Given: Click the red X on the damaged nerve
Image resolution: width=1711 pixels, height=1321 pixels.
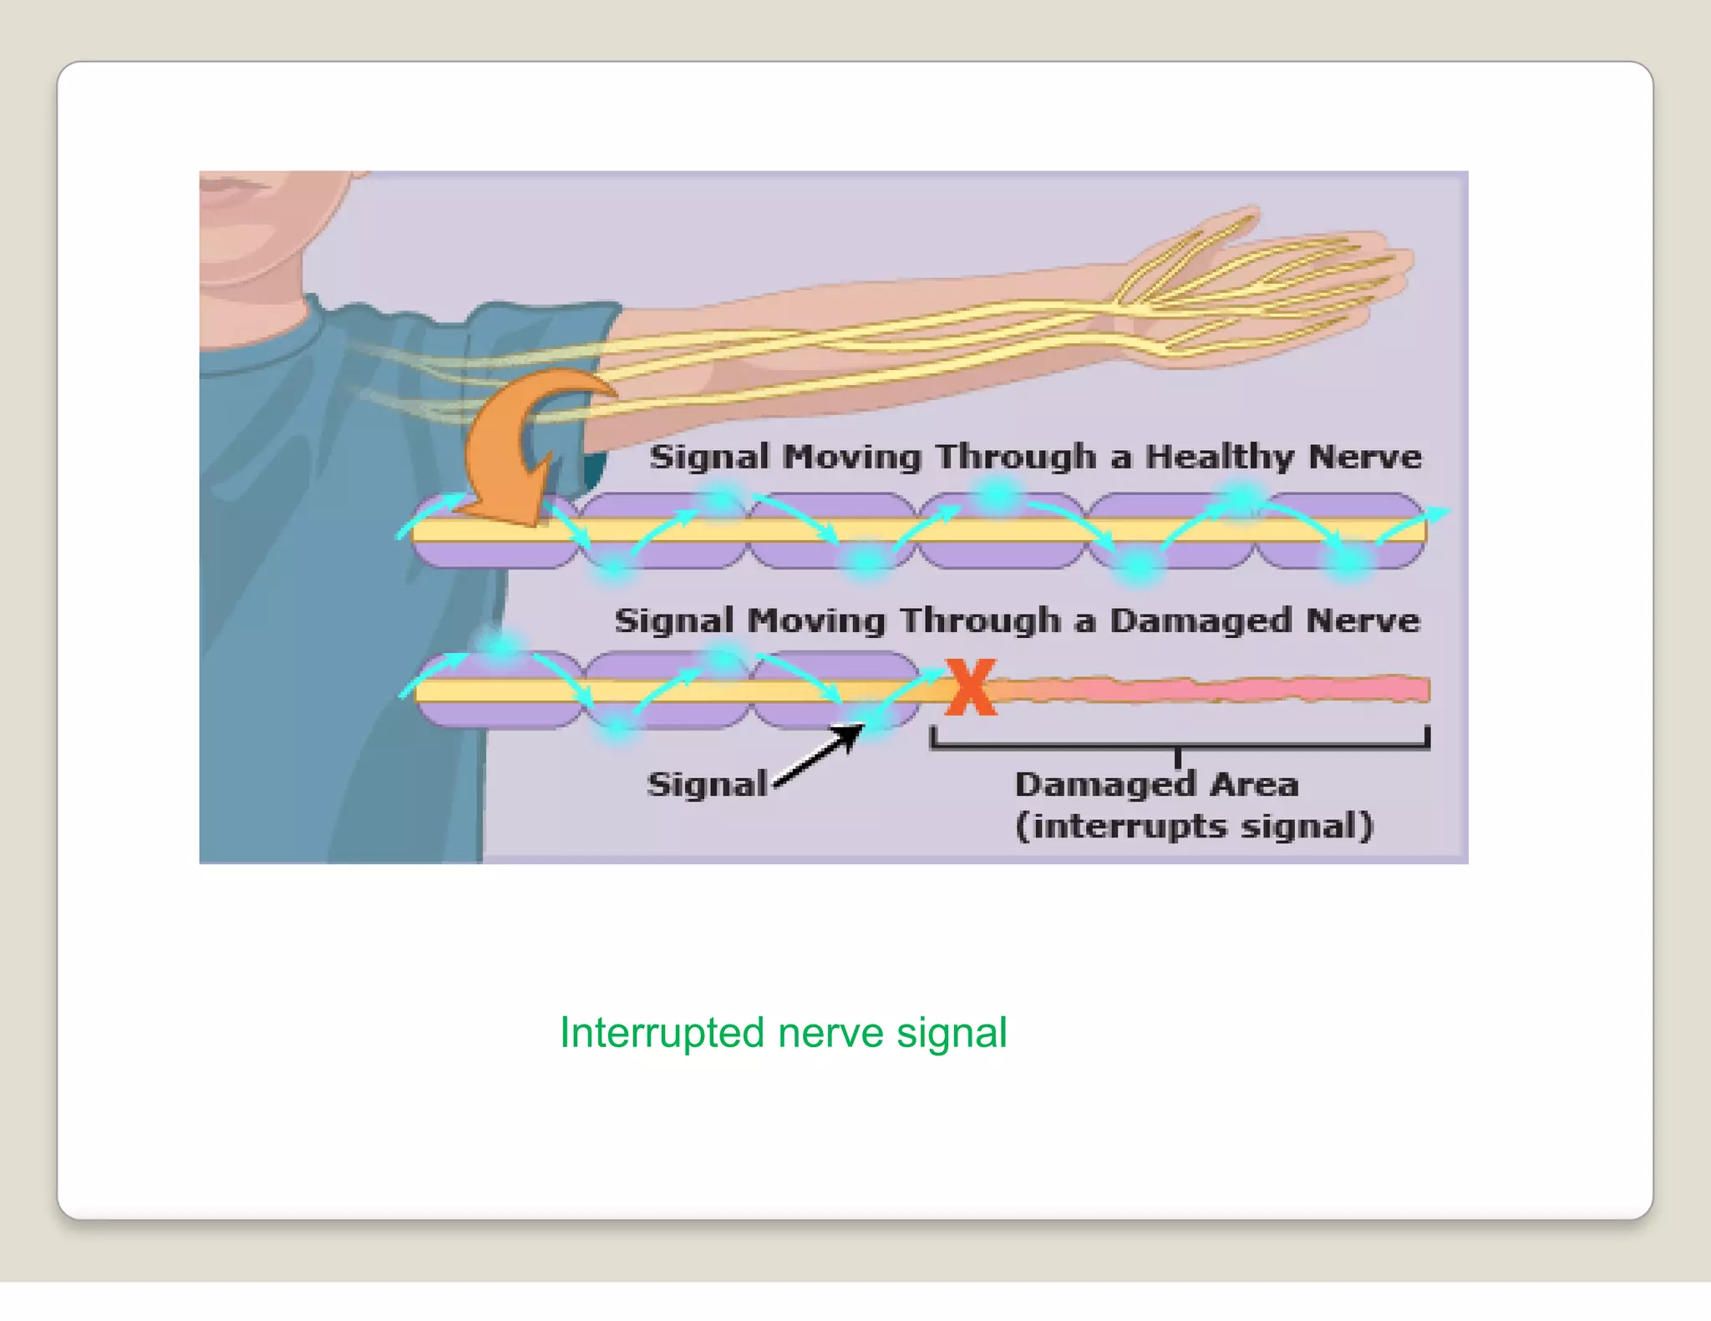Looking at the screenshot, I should (x=971, y=687).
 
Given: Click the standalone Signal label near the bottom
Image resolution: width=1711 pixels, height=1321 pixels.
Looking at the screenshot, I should (x=707, y=784).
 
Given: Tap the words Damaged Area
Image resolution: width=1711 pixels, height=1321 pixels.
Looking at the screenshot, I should (x=1156, y=784).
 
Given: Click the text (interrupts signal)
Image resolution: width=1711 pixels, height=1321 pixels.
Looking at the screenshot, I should (x=1194, y=826).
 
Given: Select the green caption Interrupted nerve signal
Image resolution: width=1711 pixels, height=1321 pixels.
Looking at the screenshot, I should (x=783, y=1033).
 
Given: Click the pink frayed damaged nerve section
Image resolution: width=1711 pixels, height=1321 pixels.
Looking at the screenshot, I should (x=1211, y=689).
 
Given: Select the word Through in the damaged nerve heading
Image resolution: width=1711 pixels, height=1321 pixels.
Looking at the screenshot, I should (x=979, y=620).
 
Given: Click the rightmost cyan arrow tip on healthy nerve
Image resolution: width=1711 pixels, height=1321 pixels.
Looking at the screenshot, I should (x=1439, y=510).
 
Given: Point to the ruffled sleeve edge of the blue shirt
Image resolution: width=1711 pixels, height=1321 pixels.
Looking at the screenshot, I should (x=468, y=317).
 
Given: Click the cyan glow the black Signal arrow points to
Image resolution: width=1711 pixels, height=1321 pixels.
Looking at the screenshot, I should (x=873, y=719).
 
